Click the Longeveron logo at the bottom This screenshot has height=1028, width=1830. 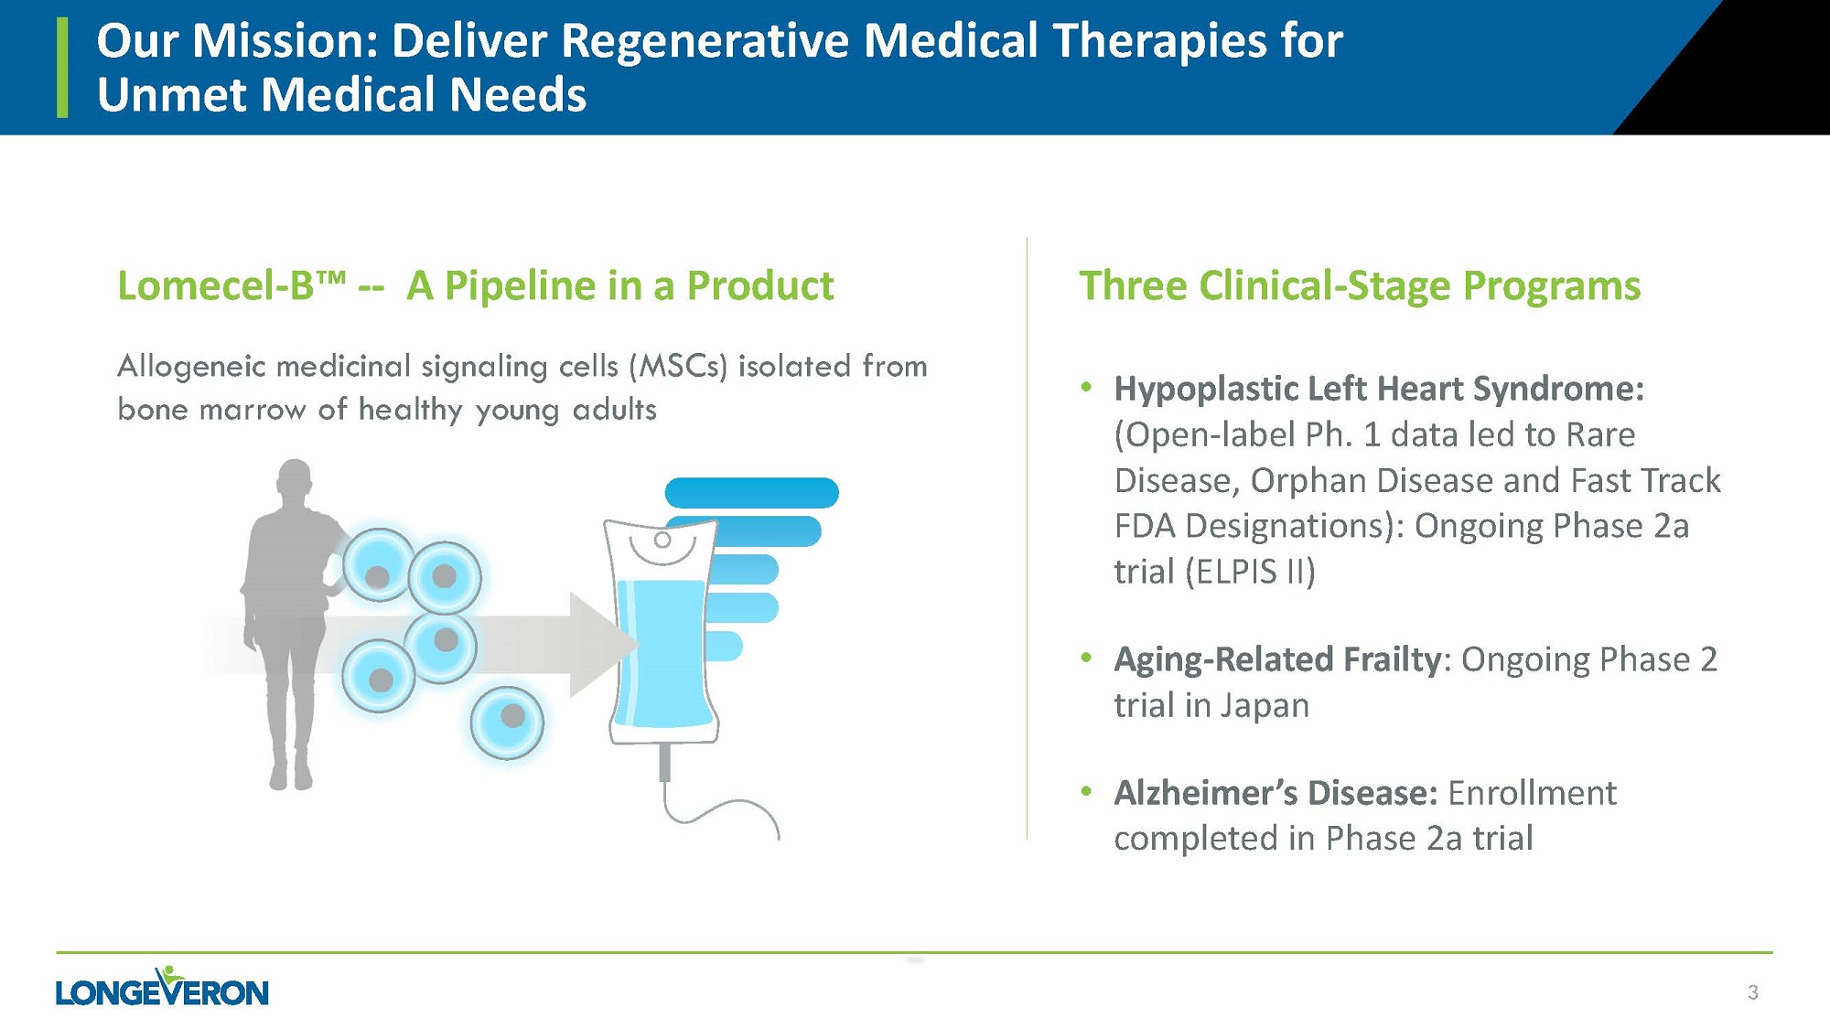(162, 987)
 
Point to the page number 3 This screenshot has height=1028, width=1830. (1752, 992)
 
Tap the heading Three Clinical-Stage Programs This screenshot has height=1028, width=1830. (1360, 285)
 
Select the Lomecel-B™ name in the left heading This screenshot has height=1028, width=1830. (231, 285)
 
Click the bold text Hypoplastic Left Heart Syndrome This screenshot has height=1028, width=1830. (1379, 389)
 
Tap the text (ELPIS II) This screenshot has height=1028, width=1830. (1250, 572)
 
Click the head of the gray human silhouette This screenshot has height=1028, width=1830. (294, 479)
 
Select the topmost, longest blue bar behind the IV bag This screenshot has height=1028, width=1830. (751, 493)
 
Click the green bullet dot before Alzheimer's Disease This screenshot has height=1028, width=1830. (1087, 791)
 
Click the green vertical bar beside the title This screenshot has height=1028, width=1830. (62, 68)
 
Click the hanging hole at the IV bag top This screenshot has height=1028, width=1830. (662, 540)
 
